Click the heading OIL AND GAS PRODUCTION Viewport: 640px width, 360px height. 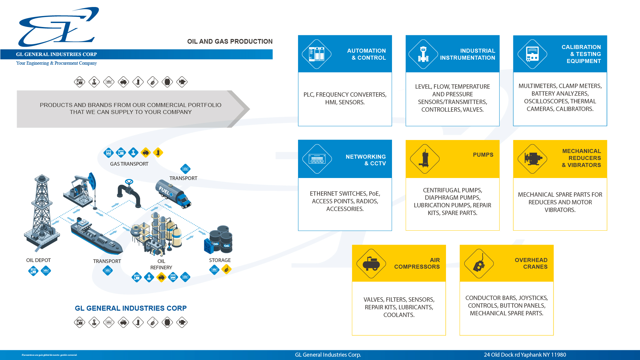point(230,42)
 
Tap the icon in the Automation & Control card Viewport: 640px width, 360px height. point(317,54)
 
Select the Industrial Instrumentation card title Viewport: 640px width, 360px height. point(467,54)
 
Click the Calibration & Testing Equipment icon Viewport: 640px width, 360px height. point(532,54)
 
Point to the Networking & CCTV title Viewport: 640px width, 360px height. point(365,160)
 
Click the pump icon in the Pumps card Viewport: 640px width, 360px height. point(425,159)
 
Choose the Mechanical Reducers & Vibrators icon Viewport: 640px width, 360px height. point(532,159)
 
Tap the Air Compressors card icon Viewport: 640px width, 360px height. point(371,264)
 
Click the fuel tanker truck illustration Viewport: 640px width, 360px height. point(173,194)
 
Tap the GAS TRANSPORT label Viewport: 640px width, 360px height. point(129,164)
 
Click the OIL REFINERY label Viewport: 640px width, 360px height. point(161,264)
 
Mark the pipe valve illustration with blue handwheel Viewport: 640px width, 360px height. point(129,193)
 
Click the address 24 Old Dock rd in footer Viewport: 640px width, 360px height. point(525,355)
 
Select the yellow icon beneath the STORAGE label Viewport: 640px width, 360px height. point(226,269)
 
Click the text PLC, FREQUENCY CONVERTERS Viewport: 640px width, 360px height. point(345,95)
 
